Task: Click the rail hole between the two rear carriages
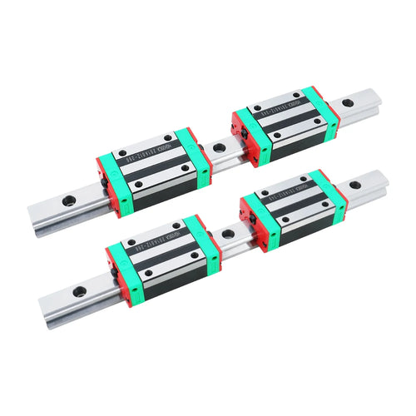point(219,147)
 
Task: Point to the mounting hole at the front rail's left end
point(79,291)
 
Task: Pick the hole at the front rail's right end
point(355,185)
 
